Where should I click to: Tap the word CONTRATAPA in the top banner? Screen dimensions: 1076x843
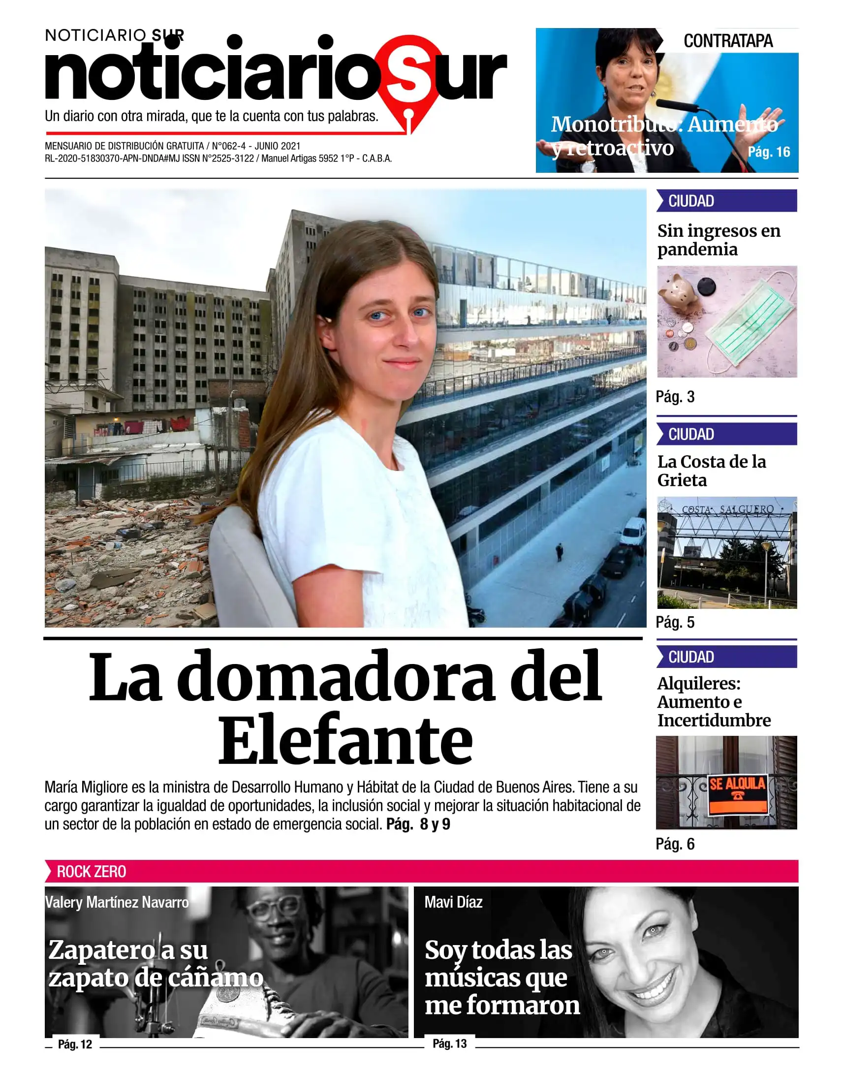coord(728,41)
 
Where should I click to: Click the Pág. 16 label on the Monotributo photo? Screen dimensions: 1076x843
coord(769,152)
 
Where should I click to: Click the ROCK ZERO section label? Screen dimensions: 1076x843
coord(92,872)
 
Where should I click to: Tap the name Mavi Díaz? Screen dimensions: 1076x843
coord(453,902)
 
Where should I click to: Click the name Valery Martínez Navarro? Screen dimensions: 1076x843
coord(117,902)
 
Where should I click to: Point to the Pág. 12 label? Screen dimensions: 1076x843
coord(75,1044)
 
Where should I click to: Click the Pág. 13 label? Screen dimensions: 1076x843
coord(450,1044)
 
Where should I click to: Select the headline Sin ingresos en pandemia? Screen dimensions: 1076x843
coord(718,240)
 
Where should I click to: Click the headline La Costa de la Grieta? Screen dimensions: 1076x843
coord(711,471)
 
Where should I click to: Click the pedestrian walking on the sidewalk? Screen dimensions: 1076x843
coord(559,552)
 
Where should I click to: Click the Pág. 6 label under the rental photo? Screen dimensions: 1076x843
coord(675,844)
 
